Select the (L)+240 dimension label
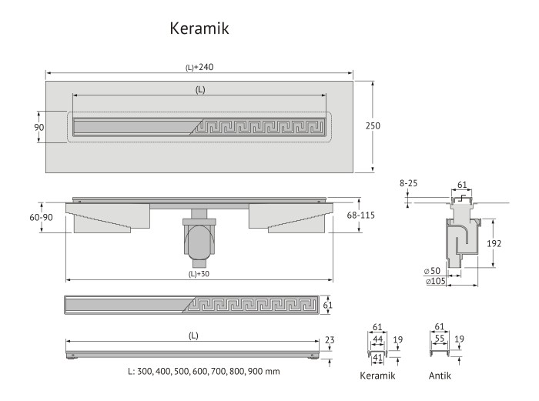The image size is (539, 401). coord(199,67)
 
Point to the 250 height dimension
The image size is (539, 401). coord(373,125)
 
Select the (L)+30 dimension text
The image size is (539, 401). coord(199,274)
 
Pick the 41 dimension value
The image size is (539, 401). coord(377,357)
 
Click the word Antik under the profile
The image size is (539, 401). coord(440,376)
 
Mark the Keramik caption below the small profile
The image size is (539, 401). coord(377,376)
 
